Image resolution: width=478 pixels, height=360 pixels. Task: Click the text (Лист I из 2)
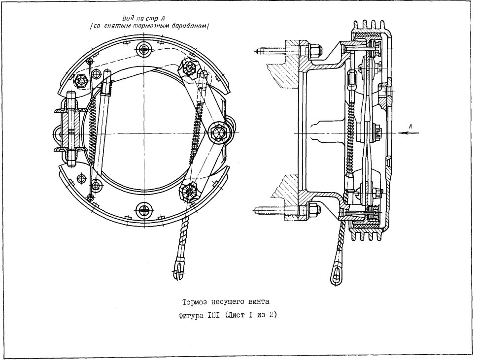pyautogui.click(x=251, y=316)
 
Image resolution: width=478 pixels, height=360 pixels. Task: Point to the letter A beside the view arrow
pyautogui.click(x=410, y=126)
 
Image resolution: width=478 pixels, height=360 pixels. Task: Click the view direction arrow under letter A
pyautogui.click(x=409, y=133)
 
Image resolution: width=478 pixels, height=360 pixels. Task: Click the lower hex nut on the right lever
pyautogui.click(x=189, y=192)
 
